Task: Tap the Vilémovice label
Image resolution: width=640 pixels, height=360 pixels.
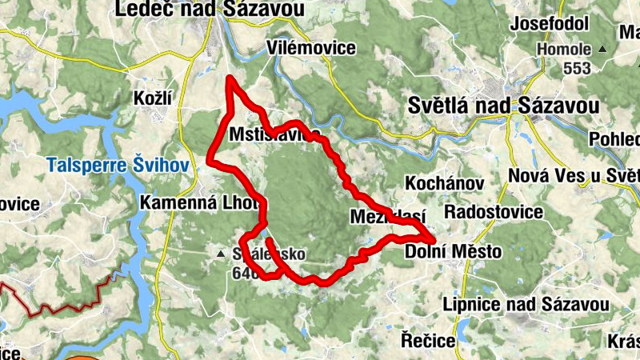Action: point(313,48)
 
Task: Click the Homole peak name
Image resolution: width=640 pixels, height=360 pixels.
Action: point(563,49)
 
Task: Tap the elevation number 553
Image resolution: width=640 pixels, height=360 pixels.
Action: point(576,68)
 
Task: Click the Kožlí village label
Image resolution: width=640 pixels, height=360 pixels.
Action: point(154,98)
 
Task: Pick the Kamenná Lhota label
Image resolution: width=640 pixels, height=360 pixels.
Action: point(201,202)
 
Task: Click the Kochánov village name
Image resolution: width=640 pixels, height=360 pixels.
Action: point(445,183)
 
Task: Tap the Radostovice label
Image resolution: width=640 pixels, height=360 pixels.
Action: point(493,212)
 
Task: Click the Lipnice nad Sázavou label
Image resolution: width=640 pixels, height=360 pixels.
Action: point(526,305)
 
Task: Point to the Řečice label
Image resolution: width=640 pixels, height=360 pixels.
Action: point(428,341)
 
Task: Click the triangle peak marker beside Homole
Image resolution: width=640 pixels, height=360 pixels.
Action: point(602,50)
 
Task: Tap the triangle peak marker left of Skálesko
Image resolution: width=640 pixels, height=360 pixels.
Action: point(221,254)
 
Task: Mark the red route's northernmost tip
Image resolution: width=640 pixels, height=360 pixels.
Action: point(230,78)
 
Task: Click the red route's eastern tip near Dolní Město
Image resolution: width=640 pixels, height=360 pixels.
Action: point(433,239)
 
